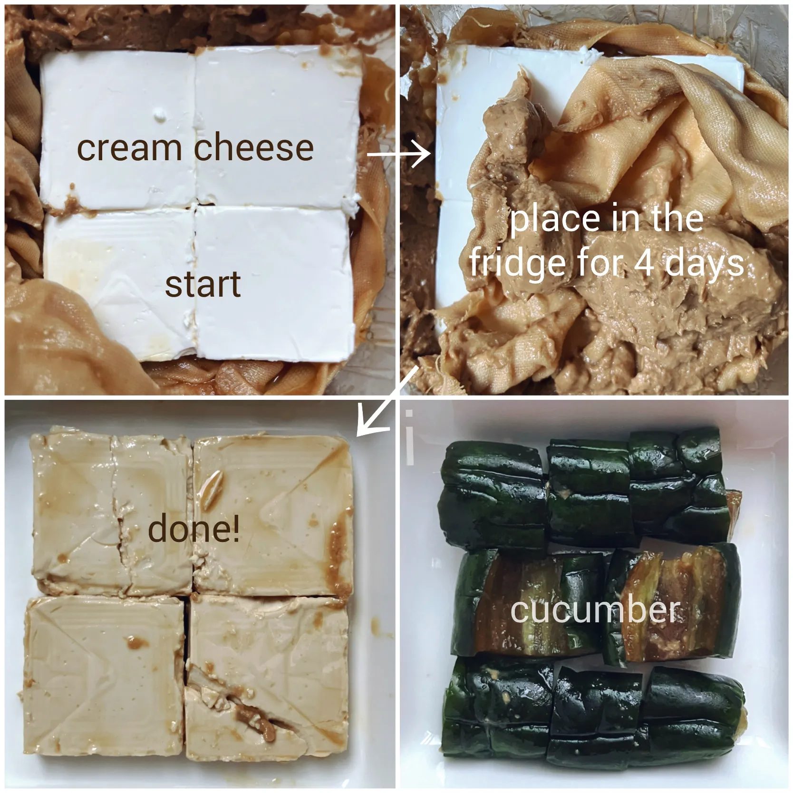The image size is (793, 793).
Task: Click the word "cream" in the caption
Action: click(129, 148)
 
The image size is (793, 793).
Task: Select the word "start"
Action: click(203, 284)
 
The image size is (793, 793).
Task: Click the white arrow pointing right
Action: click(399, 155)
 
